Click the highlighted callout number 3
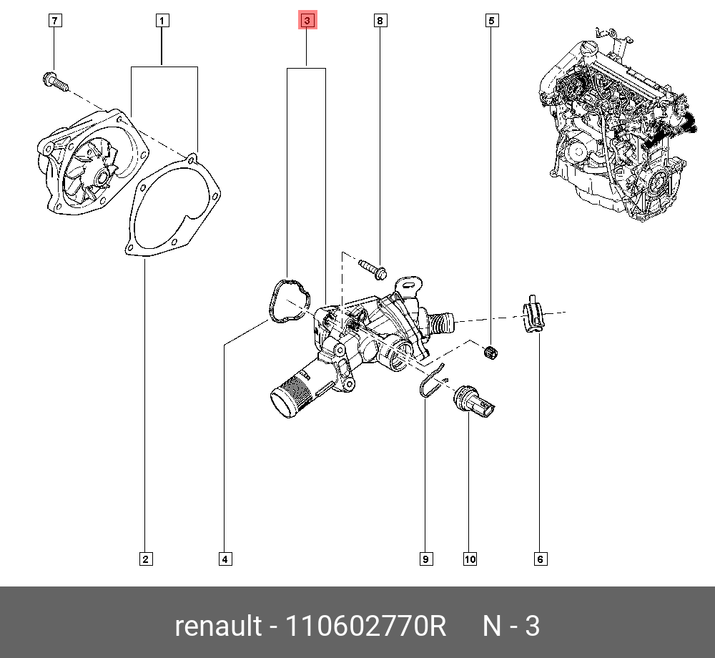point(306,21)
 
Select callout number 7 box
point(55,21)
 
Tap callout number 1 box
point(162,21)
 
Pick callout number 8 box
point(380,21)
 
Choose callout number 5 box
point(491,21)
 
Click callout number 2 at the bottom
point(145,559)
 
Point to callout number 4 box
point(225,559)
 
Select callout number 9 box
point(425,559)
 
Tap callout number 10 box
point(470,559)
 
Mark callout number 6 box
point(540,559)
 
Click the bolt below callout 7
point(54,82)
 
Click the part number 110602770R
point(365,627)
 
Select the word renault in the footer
point(218,627)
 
